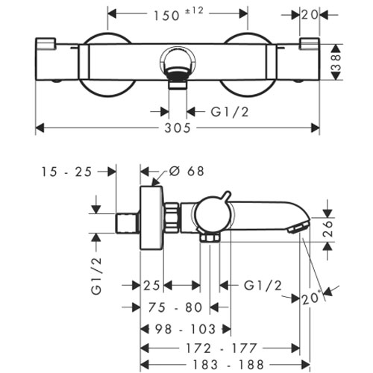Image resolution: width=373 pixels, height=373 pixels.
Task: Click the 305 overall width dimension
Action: pyautogui.click(x=178, y=128)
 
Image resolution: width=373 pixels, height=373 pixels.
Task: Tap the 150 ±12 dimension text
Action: pyautogui.click(x=178, y=14)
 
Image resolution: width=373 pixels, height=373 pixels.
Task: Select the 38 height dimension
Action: pyautogui.click(x=336, y=62)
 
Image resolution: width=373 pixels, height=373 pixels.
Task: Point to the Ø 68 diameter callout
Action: pyautogui.click(x=186, y=172)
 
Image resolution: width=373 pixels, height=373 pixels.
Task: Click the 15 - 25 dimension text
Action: pyautogui.click(x=66, y=172)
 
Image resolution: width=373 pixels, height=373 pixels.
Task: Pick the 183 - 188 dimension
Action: pyautogui.click(x=228, y=365)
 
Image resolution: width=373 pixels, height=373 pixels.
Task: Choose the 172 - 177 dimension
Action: pyautogui.click(x=222, y=348)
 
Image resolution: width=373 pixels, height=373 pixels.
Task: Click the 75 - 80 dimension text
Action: pyautogui.click(x=175, y=307)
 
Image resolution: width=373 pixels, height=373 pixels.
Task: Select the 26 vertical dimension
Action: pyautogui.click(x=327, y=228)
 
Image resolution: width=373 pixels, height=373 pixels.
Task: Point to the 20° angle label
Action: pyautogui.click(x=311, y=298)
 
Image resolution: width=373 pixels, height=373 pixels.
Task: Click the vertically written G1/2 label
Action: pyautogui.click(x=96, y=275)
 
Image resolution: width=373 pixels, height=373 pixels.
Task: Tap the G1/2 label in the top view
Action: pyautogui.click(x=230, y=112)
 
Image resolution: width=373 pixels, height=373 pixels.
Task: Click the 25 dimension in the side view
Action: pyautogui.click(x=151, y=286)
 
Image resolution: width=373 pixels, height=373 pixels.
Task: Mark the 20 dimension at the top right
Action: pyautogui.click(x=310, y=15)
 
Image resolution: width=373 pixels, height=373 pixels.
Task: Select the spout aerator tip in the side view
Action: pyautogui.click(x=298, y=228)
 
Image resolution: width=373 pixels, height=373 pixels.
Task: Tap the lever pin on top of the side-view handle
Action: pyautogui.click(x=226, y=195)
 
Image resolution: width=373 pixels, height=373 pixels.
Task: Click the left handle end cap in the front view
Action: pyautogui.click(x=46, y=43)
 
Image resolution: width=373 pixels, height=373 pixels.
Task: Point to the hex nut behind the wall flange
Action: pyautogui.click(x=172, y=216)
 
